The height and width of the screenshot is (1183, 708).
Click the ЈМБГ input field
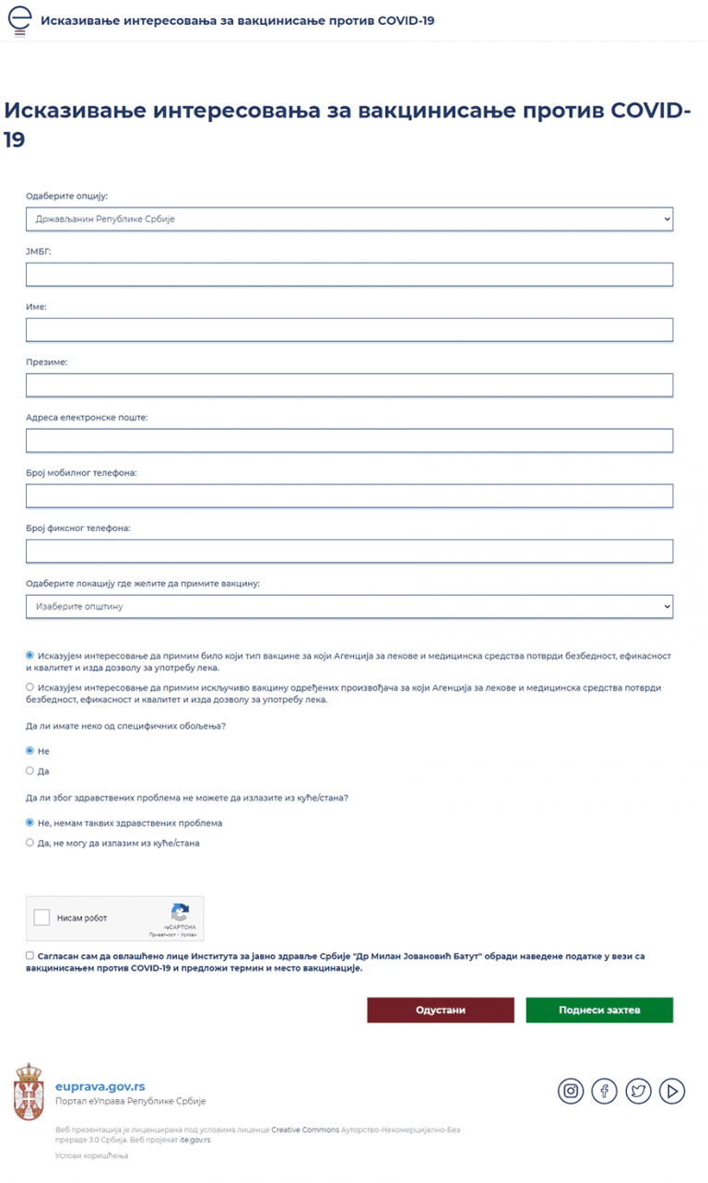point(349,275)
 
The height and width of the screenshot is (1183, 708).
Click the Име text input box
point(349,330)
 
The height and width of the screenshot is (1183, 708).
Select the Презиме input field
point(349,385)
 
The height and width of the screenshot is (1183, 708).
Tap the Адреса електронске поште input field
point(349,441)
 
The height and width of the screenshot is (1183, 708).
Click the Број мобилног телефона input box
point(349,496)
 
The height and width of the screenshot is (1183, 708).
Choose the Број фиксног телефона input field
point(349,551)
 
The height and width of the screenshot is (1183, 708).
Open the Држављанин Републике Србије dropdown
point(349,219)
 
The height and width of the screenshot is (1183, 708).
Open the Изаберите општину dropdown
point(349,607)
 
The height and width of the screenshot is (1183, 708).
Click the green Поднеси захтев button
point(599,1010)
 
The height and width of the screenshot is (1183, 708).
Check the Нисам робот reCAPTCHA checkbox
point(41,917)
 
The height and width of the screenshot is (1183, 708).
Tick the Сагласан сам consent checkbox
point(30,956)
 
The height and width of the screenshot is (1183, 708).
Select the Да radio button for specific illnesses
point(30,770)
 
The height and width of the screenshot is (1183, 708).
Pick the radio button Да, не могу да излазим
point(30,842)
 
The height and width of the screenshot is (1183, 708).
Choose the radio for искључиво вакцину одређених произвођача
point(30,687)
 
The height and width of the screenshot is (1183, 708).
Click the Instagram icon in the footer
point(571,1091)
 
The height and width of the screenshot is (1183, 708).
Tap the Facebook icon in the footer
point(604,1091)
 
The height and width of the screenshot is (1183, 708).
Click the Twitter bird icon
point(638,1091)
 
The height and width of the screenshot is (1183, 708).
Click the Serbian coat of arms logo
point(29,1092)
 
